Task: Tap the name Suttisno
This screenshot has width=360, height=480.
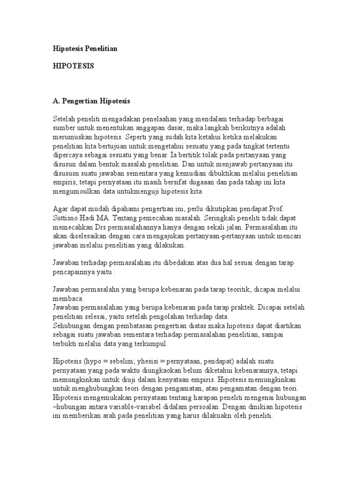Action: tap(66, 219)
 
